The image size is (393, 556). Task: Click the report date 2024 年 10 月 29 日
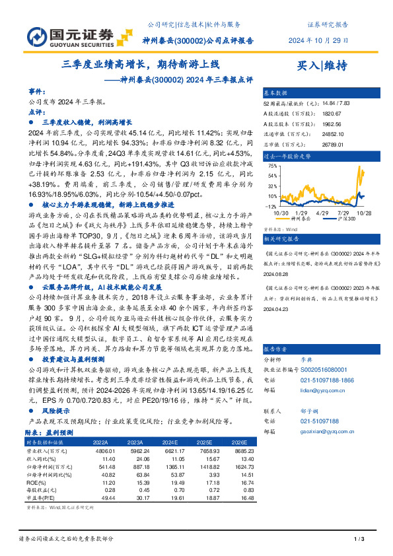click(x=318, y=40)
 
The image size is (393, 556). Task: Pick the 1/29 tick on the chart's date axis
click(x=301, y=213)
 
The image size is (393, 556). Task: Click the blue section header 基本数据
click(x=276, y=93)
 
